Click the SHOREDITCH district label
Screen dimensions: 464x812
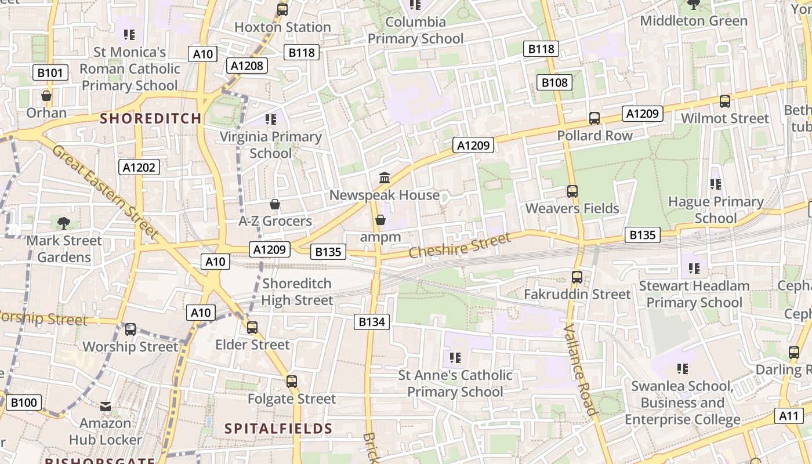point(151,118)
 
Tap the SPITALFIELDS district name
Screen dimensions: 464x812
point(278,429)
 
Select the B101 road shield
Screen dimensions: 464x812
point(51,72)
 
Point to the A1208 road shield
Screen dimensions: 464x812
point(248,66)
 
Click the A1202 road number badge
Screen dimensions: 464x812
point(140,168)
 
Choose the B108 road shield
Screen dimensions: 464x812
point(554,82)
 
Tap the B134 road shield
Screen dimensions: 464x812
point(372,322)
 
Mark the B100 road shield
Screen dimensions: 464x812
point(24,403)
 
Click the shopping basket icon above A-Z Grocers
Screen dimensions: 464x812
point(275,204)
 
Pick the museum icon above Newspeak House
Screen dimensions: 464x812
point(384,177)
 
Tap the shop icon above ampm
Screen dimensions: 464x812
point(380,220)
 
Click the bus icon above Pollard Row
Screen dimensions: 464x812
point(594,118)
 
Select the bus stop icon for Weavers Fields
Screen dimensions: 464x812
point(572,191)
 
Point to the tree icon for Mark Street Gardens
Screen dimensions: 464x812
point(64,223)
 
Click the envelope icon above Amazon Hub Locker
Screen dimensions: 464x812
point(106,407)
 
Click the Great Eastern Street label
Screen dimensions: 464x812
point(105,192)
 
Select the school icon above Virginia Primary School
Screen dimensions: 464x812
point(271,119)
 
